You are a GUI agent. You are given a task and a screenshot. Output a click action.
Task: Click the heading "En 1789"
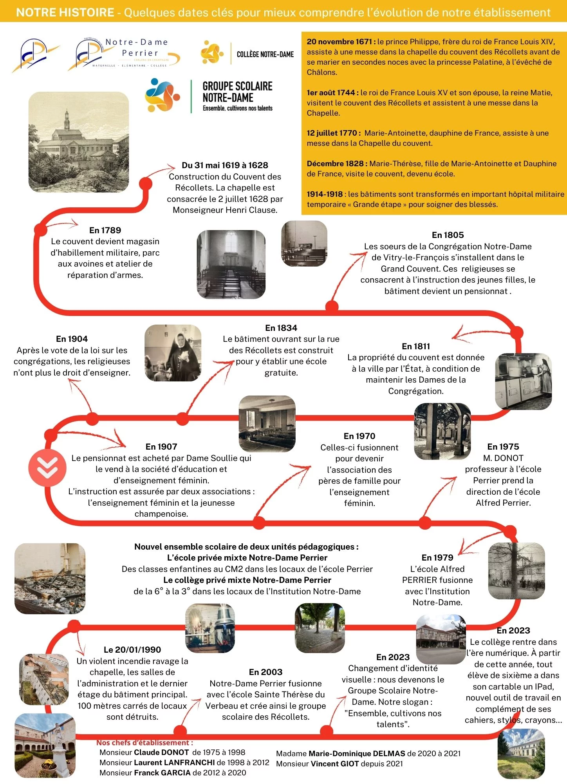coord(105,230)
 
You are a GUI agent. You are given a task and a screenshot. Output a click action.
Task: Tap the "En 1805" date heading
coord(448,235)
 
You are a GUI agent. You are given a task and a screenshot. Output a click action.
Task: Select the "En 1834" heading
coord(281,328)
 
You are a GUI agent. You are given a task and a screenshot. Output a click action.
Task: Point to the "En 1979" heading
coord(437,557)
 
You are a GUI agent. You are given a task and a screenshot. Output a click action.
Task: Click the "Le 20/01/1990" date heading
coord(132,650)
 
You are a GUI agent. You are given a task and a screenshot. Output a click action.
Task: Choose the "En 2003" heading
coord(265,672)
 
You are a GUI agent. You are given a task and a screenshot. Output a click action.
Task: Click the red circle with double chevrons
coord(47,468)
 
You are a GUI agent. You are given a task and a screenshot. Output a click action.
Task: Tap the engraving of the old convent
coord(79,142)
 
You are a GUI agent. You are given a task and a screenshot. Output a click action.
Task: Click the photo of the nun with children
coord(173,353)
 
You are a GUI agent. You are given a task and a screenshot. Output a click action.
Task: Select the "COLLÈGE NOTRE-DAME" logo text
coord(265,54)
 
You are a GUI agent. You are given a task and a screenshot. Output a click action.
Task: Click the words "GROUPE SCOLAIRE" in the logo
coord(237,86)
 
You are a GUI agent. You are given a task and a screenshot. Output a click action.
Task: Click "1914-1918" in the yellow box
coord(325,194)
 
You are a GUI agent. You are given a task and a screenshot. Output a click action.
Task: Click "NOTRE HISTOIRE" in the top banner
coord(65,13)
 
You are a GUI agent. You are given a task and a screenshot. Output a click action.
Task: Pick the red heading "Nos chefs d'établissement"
coord(144,742)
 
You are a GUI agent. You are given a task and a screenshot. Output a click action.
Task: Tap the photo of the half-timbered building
coord(441,639)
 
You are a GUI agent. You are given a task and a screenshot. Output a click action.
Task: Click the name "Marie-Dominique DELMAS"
coord(357,753)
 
